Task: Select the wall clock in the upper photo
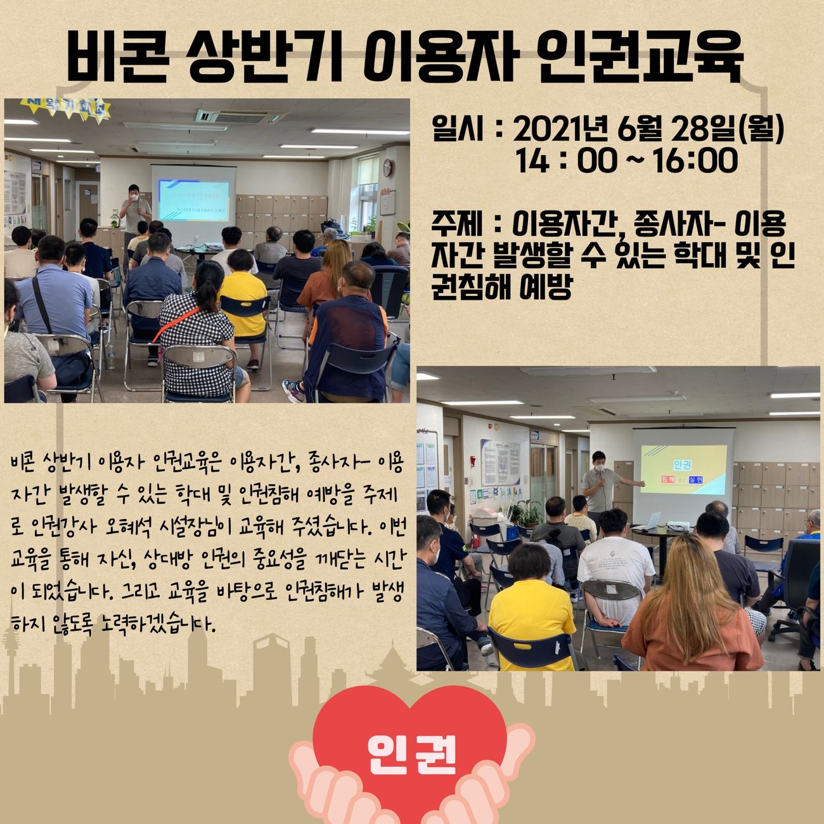[387, 167]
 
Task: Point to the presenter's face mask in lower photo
[600, 468]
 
